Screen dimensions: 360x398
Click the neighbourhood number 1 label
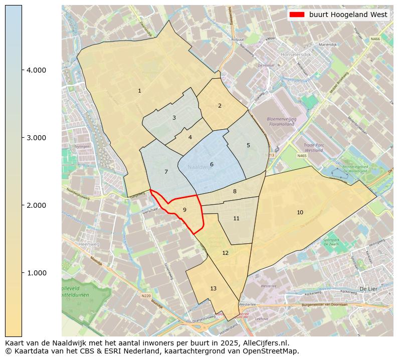click(139, 91)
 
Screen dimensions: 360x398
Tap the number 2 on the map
click(220, 106)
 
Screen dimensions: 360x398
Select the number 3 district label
click(174, 118)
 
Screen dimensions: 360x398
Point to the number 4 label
click(190, 137)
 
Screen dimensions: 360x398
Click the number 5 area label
click(248, 145)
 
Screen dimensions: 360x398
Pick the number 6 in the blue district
click(212, 164)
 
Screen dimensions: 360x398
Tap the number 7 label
click(166, 172)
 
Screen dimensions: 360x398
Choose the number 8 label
click(235, 191)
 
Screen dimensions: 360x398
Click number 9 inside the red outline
click(184, 210)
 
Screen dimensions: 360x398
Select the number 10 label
click(300, 212)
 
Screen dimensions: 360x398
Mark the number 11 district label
click(236, 218)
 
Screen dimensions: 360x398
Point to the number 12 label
click(225, 253)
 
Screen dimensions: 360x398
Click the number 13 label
click(213, 288)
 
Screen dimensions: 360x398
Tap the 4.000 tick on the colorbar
click(36, 70)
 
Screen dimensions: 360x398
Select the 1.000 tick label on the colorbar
click(36, 273)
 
